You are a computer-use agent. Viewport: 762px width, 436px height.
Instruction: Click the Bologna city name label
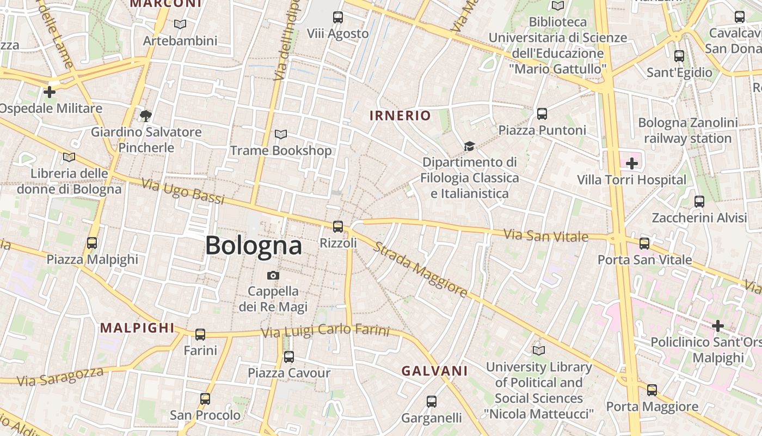coord(253,246)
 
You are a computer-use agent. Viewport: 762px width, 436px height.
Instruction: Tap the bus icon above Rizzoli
coord(338,227)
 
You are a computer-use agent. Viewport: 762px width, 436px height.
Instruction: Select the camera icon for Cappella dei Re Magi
coord(273,276)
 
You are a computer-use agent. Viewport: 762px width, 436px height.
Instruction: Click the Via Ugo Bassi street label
coord(183,191)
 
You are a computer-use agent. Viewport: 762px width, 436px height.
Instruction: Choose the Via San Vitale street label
coord(545,236)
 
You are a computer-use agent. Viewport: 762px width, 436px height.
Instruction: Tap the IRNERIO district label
coord(400,116)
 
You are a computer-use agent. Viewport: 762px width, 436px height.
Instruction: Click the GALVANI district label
coord(434,371)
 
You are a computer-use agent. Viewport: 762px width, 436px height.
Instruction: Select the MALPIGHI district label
coord(137,328)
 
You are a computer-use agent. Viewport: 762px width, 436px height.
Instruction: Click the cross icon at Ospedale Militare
coord(50,92)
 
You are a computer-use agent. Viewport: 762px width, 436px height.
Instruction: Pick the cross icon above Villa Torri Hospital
coord(631,163)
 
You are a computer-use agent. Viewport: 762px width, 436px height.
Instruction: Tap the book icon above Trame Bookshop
coord(281,135)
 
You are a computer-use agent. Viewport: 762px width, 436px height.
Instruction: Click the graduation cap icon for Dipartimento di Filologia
coord(469,146)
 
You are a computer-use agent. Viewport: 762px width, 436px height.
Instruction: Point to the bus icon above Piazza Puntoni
coord(542,114)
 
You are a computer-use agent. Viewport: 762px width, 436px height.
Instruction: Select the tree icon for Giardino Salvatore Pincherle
coord(145,116)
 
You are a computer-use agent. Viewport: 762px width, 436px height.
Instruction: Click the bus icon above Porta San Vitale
coord(644,244)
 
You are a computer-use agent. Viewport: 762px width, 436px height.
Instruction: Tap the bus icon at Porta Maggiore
coord(652,390)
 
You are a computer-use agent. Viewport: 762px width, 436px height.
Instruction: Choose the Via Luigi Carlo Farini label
coord(325,330)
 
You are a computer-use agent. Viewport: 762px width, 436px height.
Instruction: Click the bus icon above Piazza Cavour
coord(289,357)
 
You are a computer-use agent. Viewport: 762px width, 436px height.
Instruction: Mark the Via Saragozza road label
coord(60,376)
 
